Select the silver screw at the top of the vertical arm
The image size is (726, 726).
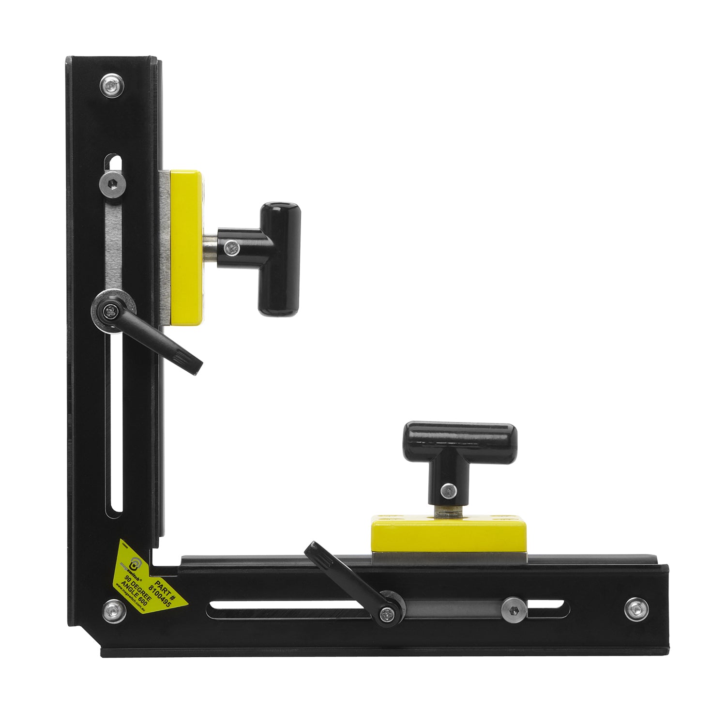point(112,86)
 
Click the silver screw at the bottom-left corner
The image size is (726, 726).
point(115,611)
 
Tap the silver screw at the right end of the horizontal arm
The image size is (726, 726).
point(636,609)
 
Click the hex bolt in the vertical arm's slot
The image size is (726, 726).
point(112,183)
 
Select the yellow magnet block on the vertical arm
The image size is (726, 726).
point(185,247)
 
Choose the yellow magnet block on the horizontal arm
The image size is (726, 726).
point(448,535)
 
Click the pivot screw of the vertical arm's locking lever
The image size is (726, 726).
point(112,312)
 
